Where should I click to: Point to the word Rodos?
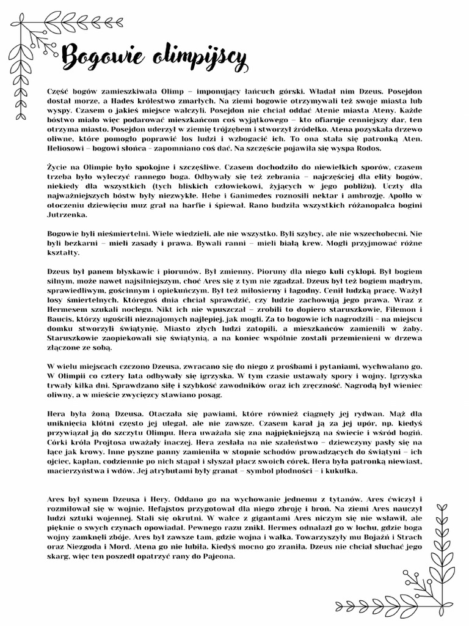[x=366, y=149]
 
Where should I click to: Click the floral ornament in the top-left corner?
[x=34, y=55]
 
